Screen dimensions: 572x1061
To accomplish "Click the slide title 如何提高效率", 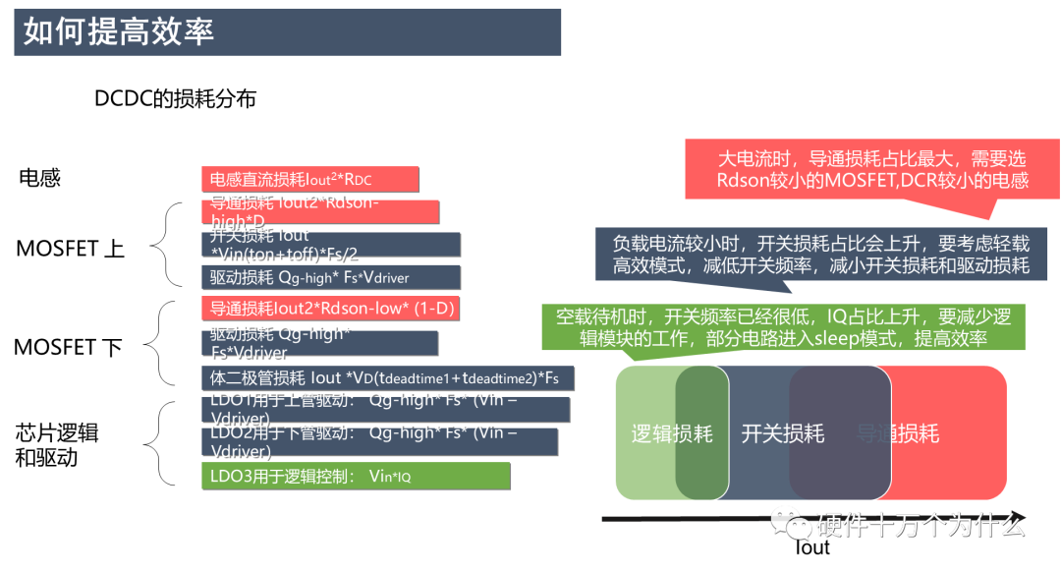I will pos(119,31).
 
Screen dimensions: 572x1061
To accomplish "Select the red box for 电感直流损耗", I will pos(309,180).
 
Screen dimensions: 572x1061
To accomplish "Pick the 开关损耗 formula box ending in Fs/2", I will pos(331,245).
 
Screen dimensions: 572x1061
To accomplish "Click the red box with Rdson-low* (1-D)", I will pos(331,309).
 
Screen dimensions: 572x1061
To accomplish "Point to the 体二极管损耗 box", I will pos(387,378).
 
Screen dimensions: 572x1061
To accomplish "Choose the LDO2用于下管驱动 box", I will pos(379,442).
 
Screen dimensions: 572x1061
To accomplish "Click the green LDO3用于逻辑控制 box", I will pos(356,477).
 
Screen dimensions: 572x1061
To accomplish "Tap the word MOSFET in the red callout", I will pos(848,181).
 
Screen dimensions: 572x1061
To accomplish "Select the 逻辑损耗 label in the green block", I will pos(671,433).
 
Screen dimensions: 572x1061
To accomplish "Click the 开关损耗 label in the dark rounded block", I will pos(782,433).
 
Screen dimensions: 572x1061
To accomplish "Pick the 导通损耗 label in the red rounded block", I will pos(897,433).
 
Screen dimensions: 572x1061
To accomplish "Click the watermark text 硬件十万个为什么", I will pos(921,525).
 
